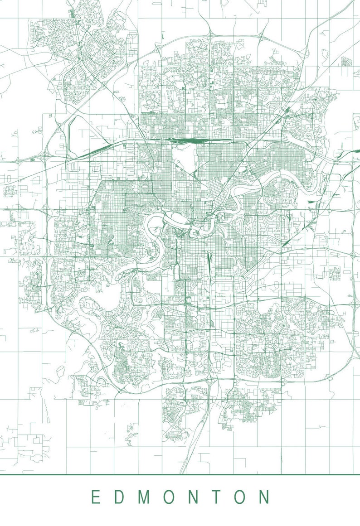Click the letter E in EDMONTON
click(x=95, y=497)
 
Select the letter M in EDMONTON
click(x=144, y=497)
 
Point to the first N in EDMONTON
click(x=193, y=497)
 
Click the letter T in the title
click(x=216, y=497)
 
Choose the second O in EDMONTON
click(x=240, y=497)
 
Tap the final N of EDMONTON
click(x=264, y=497)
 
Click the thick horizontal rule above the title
click(x=180, y=474)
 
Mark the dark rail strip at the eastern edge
click(x=354, y=151)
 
